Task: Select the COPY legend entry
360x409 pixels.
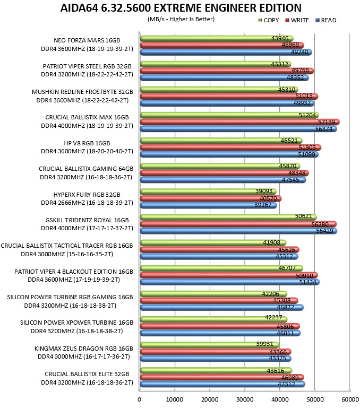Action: click(x=268, y=20)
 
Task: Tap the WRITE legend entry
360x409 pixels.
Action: click(x=297, y=20)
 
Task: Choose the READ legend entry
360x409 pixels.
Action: click(x=326, y=20)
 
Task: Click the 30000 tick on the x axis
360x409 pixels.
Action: click(x=245, y=399)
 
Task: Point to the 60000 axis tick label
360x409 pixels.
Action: click(x=350, y=399)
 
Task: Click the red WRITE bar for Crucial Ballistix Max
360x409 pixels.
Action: click(x=239, y=122)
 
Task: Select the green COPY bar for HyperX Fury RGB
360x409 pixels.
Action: click(x=208, y=192)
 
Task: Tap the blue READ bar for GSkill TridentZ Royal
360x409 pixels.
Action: click(x=238, y=231)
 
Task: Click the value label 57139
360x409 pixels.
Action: click(x=327, y=122)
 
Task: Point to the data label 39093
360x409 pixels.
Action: click(x=264, y=191)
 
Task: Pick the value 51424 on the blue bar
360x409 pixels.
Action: click(x=308, y=282)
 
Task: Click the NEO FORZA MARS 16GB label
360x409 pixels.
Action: click(x=87, y=40)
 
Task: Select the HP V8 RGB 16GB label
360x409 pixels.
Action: click(x=87, y=143)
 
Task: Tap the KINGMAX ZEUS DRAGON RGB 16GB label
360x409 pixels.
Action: click(x=84, y=349)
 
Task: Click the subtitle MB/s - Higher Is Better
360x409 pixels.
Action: click(x=181, y=19)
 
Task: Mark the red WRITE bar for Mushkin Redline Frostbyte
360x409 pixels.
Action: click(x=229, y=97)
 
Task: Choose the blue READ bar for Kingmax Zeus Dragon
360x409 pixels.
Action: click(x=216, y=359)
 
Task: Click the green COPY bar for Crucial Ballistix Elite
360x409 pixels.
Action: click(x=216, y=370)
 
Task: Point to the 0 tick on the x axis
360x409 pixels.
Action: click(x=140, y=399)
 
